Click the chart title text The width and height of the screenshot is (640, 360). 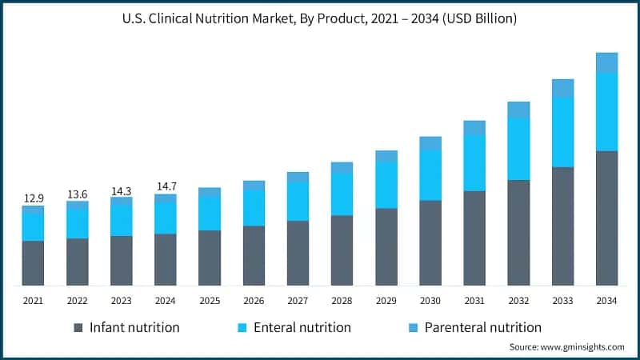point(320,18)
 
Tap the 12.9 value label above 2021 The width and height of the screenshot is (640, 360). point(33,198)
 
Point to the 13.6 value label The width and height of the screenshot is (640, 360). point(78,194)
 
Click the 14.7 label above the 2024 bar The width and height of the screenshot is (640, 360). point(166,186)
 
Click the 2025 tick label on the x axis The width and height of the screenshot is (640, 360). point(210,301)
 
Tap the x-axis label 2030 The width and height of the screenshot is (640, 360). point(430,301)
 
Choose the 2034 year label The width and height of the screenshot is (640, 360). point(607,301)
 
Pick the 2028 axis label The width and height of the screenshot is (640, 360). point(342,301)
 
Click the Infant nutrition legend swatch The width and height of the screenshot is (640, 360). point(78,328)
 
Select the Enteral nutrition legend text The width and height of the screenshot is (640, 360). point(302,327)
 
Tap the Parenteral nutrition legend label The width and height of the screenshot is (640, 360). point(482,327)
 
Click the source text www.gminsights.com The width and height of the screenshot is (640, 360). point(566,346)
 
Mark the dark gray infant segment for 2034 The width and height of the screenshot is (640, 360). point(607,218)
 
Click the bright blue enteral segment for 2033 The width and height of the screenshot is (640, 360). point(563,132)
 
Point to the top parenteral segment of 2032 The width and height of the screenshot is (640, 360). point(519,110)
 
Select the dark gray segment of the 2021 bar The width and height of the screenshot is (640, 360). point(33,262)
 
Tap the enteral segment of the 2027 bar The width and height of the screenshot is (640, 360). point(298,201)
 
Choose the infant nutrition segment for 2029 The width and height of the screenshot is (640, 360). point(386,246)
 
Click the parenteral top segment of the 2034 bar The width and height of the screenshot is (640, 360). point(607,62)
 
